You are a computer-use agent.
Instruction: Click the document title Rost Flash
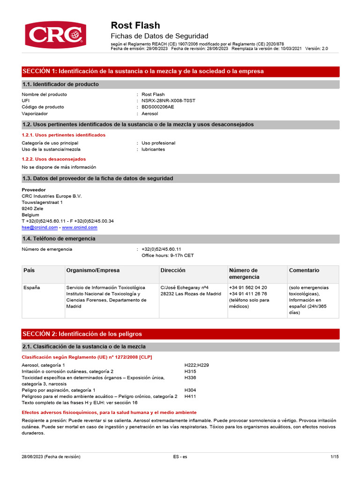(x=135, y=25)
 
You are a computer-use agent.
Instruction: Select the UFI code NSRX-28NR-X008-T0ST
(x=168, y=101)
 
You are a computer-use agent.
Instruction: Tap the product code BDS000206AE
(x=157, y=107)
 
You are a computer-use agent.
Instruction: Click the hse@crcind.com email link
(x=40, y=227)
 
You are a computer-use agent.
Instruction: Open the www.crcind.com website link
(x=80, y=227)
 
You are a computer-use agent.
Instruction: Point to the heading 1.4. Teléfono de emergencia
(x=59, y=239)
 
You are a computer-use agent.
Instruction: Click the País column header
(x=29, y=270)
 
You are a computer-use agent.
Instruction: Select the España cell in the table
(x=31, y=287)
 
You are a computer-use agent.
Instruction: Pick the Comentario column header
(x=304, y=270)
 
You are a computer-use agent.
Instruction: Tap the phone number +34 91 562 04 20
(x=248, y=287)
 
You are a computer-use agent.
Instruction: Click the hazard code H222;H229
(x=196, y=365)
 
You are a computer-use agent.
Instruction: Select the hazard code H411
(x=190, y=396)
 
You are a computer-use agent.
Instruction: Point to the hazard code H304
(x=190, y=390)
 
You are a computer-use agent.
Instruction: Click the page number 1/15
(x=334, y=457)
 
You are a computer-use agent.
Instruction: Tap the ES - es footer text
(x=180, y=457)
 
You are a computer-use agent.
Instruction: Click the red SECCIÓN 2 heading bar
(x=180, y=334)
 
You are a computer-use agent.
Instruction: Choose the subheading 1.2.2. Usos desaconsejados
(x=54, y=159)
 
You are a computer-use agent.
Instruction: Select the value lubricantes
(x=153, y=150)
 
